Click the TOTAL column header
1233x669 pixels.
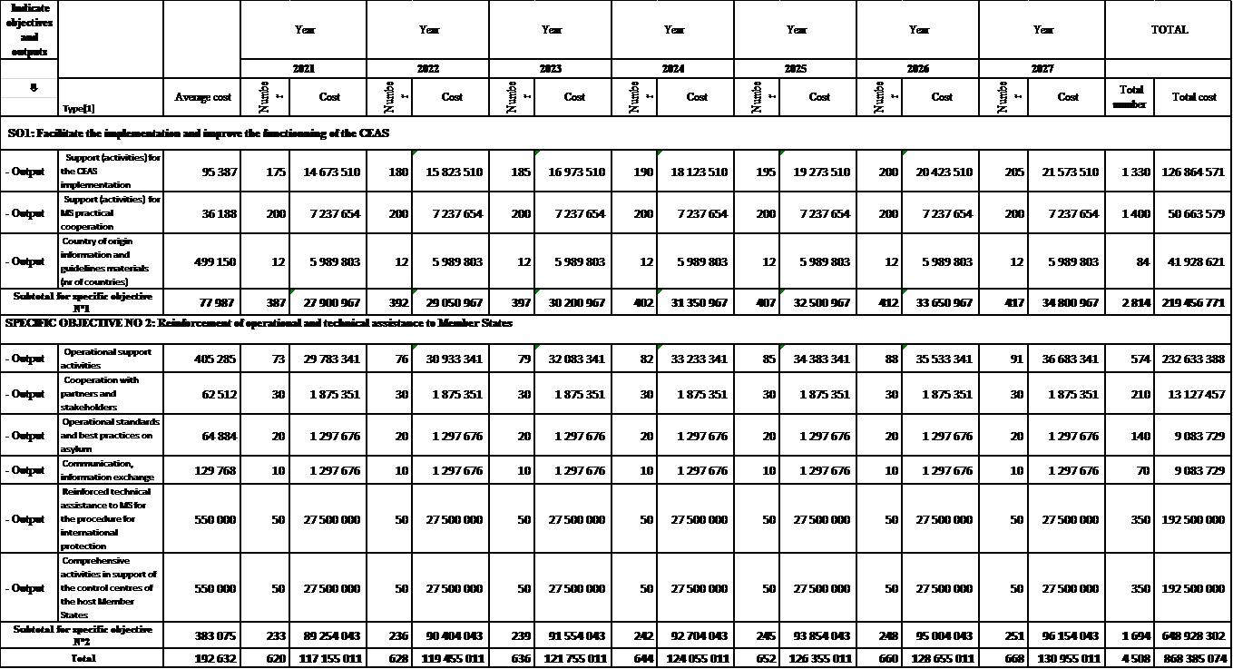[x=1169, y=30]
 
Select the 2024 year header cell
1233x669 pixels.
[x=672, y=69]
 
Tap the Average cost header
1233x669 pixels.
[x=202, y=97]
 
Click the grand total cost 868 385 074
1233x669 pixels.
[x=1193, y=659]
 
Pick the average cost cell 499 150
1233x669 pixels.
[x=215, y=261]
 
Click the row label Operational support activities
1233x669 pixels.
[x=107, y=359]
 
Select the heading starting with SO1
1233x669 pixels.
[x=199, y=133]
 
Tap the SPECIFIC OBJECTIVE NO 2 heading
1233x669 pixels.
[x=259, y=323]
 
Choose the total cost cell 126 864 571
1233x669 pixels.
[x=1193, y=172]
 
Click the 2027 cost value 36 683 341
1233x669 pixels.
[x=1068, y=359]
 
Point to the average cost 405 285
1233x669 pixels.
[x=215, y=359]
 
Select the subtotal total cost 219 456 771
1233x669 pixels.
[x=1193, y=302]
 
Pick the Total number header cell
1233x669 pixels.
[x=1130, y=97]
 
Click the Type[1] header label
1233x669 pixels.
[x=78, y=109]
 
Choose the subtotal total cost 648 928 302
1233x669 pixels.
[x=1193, y=636]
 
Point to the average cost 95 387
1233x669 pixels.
[x=215, y=172]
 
